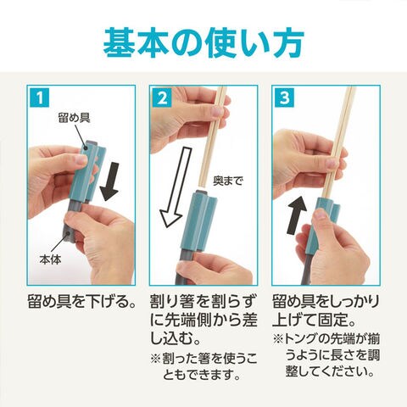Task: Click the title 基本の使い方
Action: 203,42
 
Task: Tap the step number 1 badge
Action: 40,98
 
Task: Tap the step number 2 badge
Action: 162,98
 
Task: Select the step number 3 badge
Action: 284,98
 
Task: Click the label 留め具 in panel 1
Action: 74,117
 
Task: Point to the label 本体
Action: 50,259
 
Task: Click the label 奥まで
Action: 228,181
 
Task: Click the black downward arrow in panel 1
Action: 109,181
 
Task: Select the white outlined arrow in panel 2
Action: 176,187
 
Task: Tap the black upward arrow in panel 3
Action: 297,215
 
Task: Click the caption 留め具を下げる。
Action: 81,302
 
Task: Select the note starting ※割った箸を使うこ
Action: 203,367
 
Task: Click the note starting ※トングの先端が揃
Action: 326,355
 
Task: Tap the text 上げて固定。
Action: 314,321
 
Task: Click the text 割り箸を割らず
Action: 203,302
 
